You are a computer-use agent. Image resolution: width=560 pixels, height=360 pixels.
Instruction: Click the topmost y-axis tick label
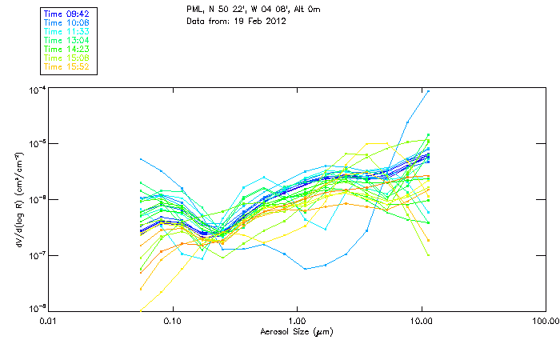pos(36,89)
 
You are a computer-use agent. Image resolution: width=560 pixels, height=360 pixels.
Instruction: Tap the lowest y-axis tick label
pos(36,309)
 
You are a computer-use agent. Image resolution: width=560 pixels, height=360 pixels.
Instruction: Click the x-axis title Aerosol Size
pos(296,331)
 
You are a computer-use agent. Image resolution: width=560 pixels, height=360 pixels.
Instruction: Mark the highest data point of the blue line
pos(429,91)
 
